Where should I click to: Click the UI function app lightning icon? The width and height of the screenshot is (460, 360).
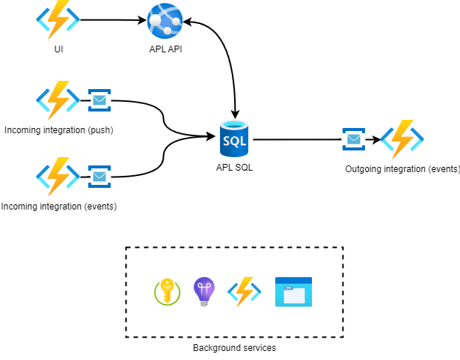(x=58, y=19)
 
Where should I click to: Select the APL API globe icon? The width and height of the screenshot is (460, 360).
(x=165, y=21)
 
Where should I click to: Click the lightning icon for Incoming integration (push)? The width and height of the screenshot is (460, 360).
(x=58, y=99)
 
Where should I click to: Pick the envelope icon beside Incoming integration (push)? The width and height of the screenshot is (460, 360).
(x=99, y=100)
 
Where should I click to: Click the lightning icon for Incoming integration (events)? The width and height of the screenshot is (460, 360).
(x=58, y=177)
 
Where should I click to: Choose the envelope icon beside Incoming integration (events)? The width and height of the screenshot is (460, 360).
(x=99, y=177)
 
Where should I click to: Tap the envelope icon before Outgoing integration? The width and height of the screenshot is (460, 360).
(x=354, y=139)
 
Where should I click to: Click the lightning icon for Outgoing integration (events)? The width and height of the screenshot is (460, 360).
(x=402, y=138)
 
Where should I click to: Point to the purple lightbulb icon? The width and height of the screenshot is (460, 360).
(x=204, y=291)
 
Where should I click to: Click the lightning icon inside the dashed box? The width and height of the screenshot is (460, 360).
(x=243, y=291)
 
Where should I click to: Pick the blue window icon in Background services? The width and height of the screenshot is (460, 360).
(x=293, y=292)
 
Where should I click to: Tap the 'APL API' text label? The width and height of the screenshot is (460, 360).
(x=165, y=49)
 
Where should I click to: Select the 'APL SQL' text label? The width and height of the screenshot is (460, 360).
(x=234, y=168)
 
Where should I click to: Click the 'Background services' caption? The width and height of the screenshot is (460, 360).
(x=234, y=348)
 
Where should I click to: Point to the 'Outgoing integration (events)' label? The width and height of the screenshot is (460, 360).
(x=402, y=169)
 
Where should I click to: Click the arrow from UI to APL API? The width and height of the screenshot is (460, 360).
(x=112, y=20)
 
